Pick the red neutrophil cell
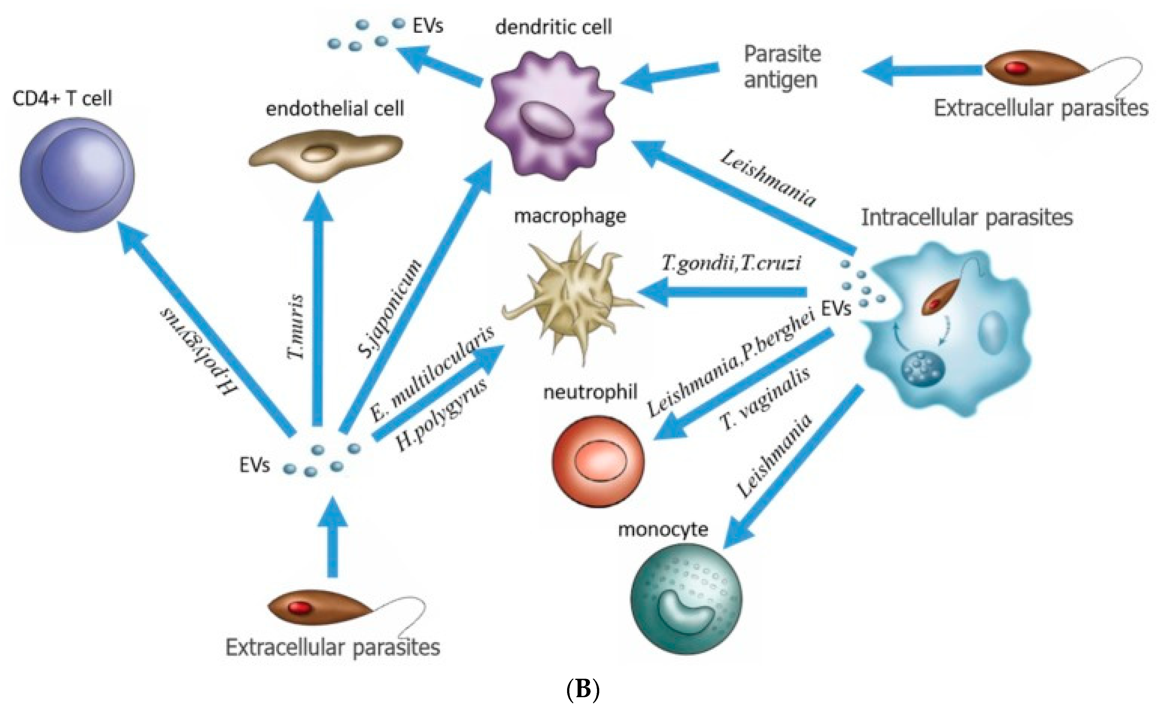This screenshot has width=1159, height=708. pyautogui.click(x=598, y=461)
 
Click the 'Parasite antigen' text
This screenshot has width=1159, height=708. pyautogui.click(x=782, y=67)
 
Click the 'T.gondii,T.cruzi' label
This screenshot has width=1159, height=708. pyautogui.click(x=731, y=262)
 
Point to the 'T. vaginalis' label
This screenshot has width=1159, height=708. pyautogui.click(x=764, y=399)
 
